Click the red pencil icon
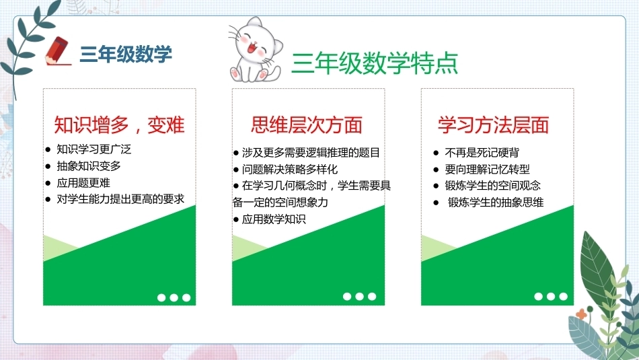pos(57,51)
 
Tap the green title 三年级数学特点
pos(375,63)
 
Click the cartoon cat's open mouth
pos(251,48)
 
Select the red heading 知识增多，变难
pos(119,124)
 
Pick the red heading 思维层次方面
pos(307,124)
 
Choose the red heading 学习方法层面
pos(494,124)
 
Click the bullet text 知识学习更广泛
pos(93,149)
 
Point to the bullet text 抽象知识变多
pos(88,166)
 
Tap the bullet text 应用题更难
pos(83,182)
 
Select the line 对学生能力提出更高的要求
pos(120,199)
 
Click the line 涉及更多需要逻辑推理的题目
pos(311,153)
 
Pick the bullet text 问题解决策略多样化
pos(290,169)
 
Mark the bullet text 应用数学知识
pos(274,219)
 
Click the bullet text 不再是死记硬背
pos(482,153)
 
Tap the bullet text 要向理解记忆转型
pos(488,169)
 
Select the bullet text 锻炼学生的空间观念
pos(492,186)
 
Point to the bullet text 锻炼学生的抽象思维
pos(496,203)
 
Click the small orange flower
pos(582,314)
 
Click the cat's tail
pos(275,73)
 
